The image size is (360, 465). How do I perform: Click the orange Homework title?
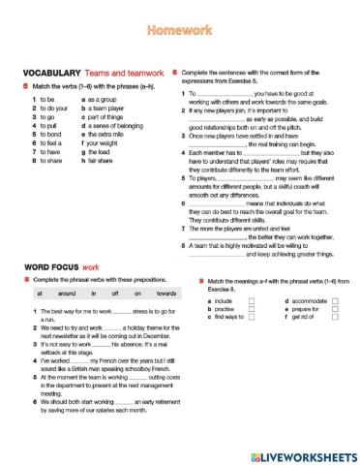click(x=179, y=32)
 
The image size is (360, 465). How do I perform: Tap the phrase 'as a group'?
click(x=102, y=99)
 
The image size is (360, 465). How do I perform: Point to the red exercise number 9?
click(x=186, y=279)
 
